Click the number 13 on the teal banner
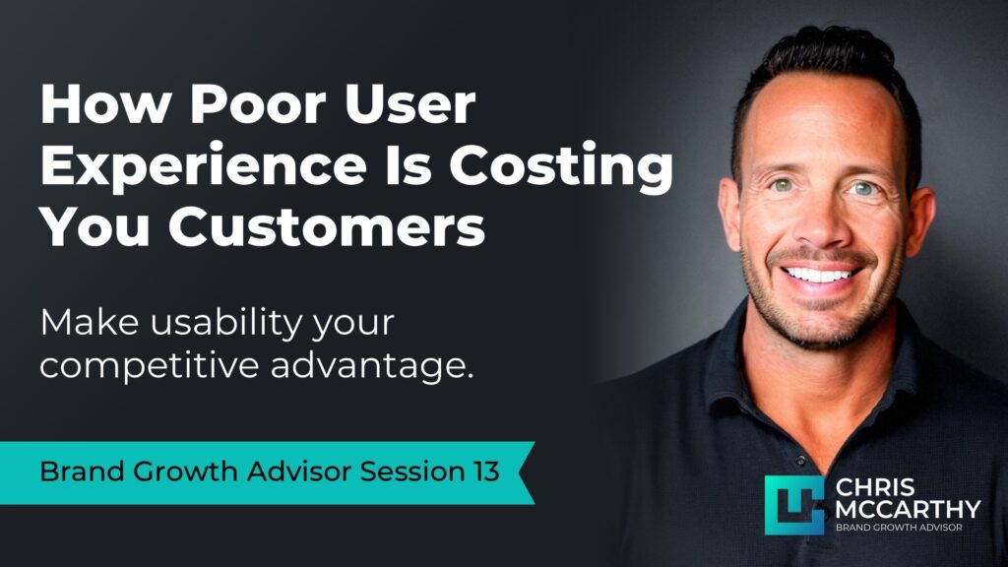tap(481, 472)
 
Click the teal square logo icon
tap(793, 504)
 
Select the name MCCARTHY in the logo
tap(908, 508)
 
